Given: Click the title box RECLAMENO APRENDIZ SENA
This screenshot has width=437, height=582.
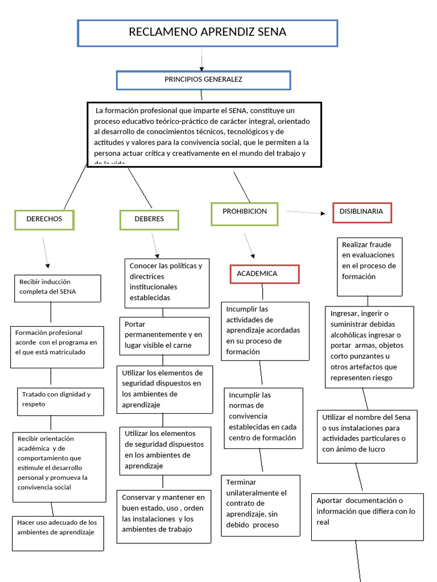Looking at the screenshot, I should click(x=207, y=33).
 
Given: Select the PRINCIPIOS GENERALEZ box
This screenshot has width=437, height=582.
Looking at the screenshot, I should click(x=203, y=80).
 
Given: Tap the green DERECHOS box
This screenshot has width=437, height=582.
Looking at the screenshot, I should click(x=44, y=219).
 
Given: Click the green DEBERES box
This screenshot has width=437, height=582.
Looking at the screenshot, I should click(x=149, y=219).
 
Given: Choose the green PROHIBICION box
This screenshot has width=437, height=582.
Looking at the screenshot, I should click(x=244, y=212).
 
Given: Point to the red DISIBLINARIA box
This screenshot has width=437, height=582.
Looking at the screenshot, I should click(x=361, y=211).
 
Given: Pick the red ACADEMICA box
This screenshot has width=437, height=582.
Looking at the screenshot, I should click(x=264, y=274).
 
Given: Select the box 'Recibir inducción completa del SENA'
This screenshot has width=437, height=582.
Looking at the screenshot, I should click(x=57, y=288).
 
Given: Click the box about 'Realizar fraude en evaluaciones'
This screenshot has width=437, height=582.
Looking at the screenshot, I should click(x=369, y=267).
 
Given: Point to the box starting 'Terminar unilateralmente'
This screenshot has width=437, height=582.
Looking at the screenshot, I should click(x=260, y=503).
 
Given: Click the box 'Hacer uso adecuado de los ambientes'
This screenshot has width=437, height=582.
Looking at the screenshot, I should click(x=57, y=533).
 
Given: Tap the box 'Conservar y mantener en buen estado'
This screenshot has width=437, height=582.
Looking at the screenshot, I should click(x=163, y=513).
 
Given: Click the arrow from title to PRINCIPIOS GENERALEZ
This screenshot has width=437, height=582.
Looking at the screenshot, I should click(x=202, y=59).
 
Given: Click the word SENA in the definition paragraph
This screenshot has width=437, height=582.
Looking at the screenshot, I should click(x=237, y=110).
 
